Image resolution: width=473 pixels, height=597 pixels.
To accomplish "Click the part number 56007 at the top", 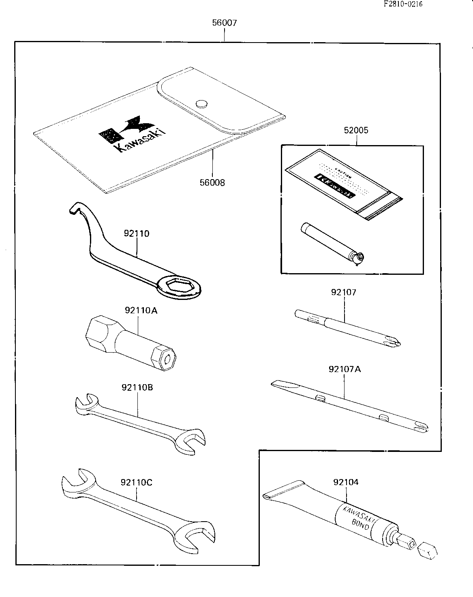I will pyautogui.click(x=224, y=23).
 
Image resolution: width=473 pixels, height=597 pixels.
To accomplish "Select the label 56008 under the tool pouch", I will pyautogui.click(x=212, y=182).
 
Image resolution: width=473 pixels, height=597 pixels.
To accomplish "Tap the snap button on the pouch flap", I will pyautogui.click(x=201, y=104).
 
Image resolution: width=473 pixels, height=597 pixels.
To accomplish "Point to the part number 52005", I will pyautogui.click(x=357, y=131).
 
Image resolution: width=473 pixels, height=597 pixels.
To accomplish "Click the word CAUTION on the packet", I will pyautogui.click(x=344, y=173).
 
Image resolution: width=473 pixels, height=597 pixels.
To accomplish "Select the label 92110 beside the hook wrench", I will pyautogui.click(x=137, y=233).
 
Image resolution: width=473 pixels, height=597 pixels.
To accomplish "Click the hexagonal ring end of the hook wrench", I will pyautogui.click(x=180, y=287).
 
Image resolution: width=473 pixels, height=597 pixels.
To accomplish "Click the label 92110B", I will pyautogui.click(x=137, y=387).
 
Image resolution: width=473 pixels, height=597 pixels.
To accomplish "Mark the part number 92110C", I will pyautogui.click(x=137, y=482).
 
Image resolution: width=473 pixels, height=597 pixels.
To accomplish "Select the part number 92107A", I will pyautogui.click(x=345, y=369).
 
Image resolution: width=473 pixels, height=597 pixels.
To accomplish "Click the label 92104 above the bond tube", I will pyautogui.click(x=346, y=482).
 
